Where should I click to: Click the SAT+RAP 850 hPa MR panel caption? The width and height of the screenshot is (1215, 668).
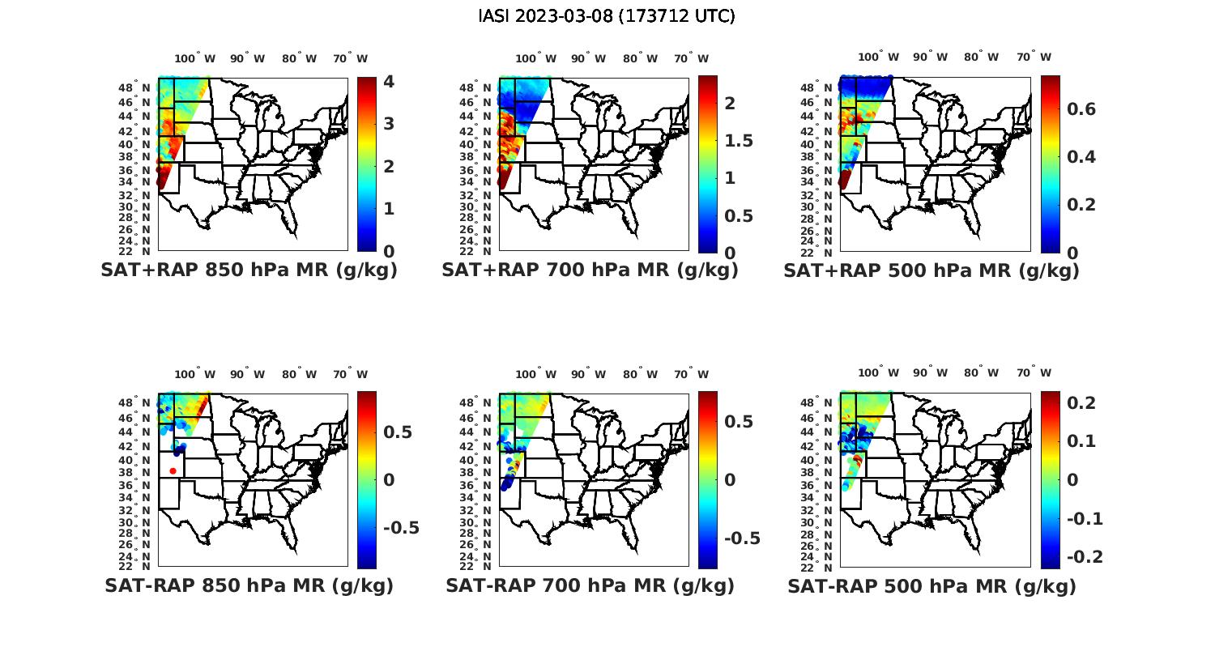pyautogui.click(x=249, y=270)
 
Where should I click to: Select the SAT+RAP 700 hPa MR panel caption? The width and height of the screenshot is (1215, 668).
pyautogui.click(x=590, y=270)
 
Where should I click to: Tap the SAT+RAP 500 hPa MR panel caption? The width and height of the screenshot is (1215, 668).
pyautogui.click(x=931, y=270)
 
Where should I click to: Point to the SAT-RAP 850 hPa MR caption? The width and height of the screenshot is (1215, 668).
pyautogui.click(x=249, y=585)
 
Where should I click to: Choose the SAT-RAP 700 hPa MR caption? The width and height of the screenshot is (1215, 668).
pyautogui.click(x=590, y=585)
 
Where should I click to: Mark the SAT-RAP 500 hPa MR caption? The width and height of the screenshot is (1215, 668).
pyautogui.click(x=932, y=585)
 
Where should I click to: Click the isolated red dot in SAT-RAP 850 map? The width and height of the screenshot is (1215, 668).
pyautogui.click(x=173, y=470)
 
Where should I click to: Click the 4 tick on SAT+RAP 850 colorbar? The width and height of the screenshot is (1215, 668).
pyautogui.click(x=388, y=82)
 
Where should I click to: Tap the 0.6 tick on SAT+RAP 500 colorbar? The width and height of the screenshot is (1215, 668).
pyautogui.click(x=1081, y=109)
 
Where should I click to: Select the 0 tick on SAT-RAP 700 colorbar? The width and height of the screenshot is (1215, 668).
pyautogui.click(x=729, y=479)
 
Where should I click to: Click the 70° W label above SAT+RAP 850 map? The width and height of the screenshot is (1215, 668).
pyautogui.click(x=350, y=58)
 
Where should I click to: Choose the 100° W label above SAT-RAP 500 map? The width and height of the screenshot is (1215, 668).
pyautogui.click(x=879, y=373)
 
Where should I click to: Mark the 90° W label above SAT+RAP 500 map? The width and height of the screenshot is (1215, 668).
pyautogui.click(x=930, y=57)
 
